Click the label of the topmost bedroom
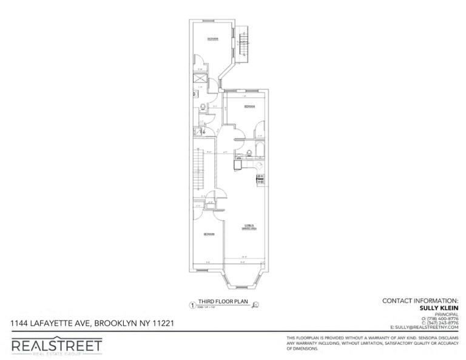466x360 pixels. tap(212, 39)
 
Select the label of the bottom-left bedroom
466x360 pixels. tap(208, 234)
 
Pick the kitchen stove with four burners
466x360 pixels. tap(260, 178)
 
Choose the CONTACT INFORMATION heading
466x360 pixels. tap(420, 301)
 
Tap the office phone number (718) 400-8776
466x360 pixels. tap(441, 318)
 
